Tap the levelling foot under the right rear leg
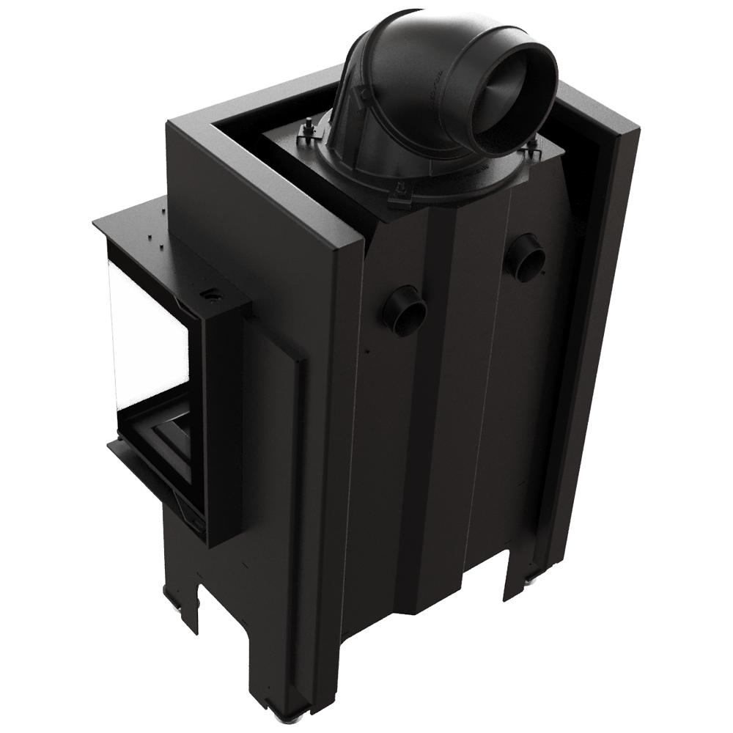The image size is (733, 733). [529, 582]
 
